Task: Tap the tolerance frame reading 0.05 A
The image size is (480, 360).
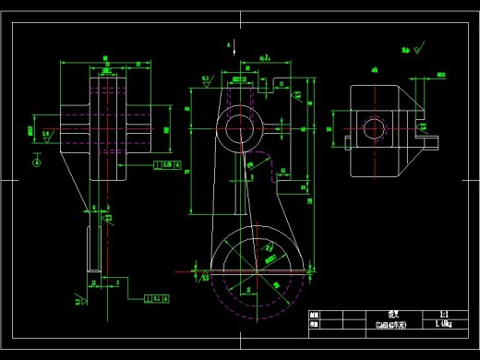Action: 166,165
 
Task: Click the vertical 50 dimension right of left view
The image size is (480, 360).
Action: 167,130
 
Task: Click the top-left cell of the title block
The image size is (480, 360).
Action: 313,315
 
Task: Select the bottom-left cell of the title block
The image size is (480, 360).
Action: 313,325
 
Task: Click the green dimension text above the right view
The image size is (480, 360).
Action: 375,69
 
